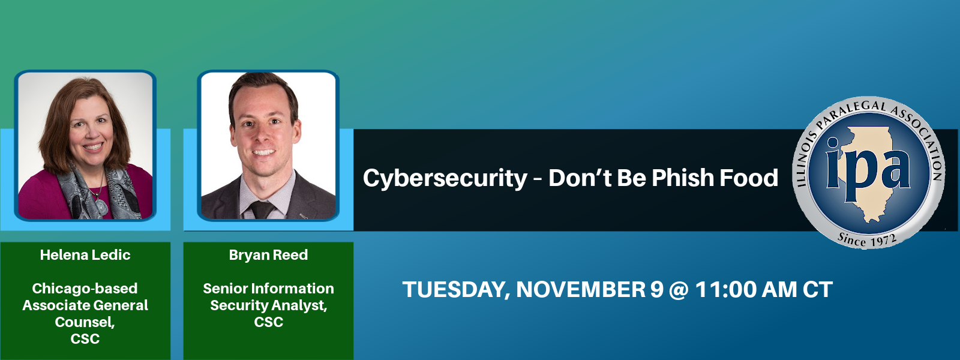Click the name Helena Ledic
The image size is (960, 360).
pyautogui.click(x=85, y=255)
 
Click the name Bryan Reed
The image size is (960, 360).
pyautogui.click(x=268, y=255)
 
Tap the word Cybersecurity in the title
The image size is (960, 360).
pyautogui.click(x=445, y=178)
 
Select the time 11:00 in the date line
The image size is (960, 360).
pyautogui.click(x=725, y=289)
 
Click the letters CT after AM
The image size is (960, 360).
pyautogui.click(x=818, y=289)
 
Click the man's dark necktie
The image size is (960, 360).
pyautogui.click(x=262, y=209)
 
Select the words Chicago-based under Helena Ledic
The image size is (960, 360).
pyautogui.click(x=85, y=289)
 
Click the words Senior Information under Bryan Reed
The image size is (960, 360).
pyautogui.click(x=268, y=289)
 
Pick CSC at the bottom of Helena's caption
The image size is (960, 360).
pyautogui.click(x=85, y=338)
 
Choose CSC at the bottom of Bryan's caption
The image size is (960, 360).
pyautogui.click(x=268, y=322)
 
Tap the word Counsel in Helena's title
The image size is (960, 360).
pyautogui.click(x=85, y=322)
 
